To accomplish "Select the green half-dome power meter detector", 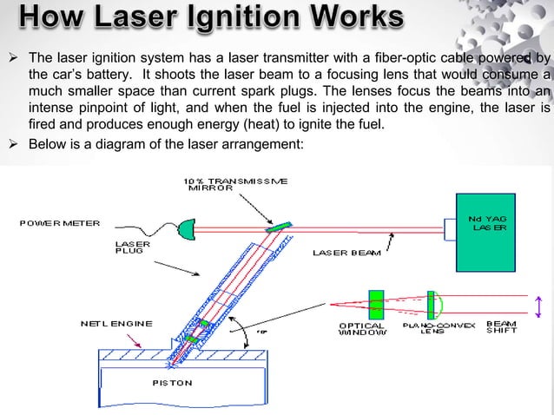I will coord(185,230).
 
